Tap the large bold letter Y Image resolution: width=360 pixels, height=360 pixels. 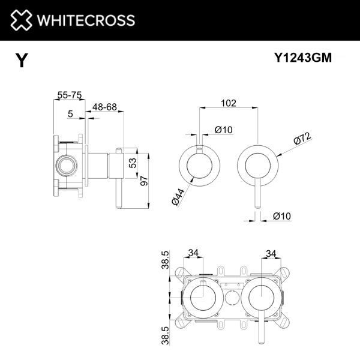pyautogui.click(x=22, y=61)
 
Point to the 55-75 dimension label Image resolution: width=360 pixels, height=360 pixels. pyautogui.click(x=70, y=95)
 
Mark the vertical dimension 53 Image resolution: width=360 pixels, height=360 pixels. pyautogui.click(x=137, y=162)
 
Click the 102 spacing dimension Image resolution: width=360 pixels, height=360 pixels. pyautogui.click(x=227, y=103)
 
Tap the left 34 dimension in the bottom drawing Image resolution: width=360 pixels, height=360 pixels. pyautogui.click(x=193, y=253)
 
